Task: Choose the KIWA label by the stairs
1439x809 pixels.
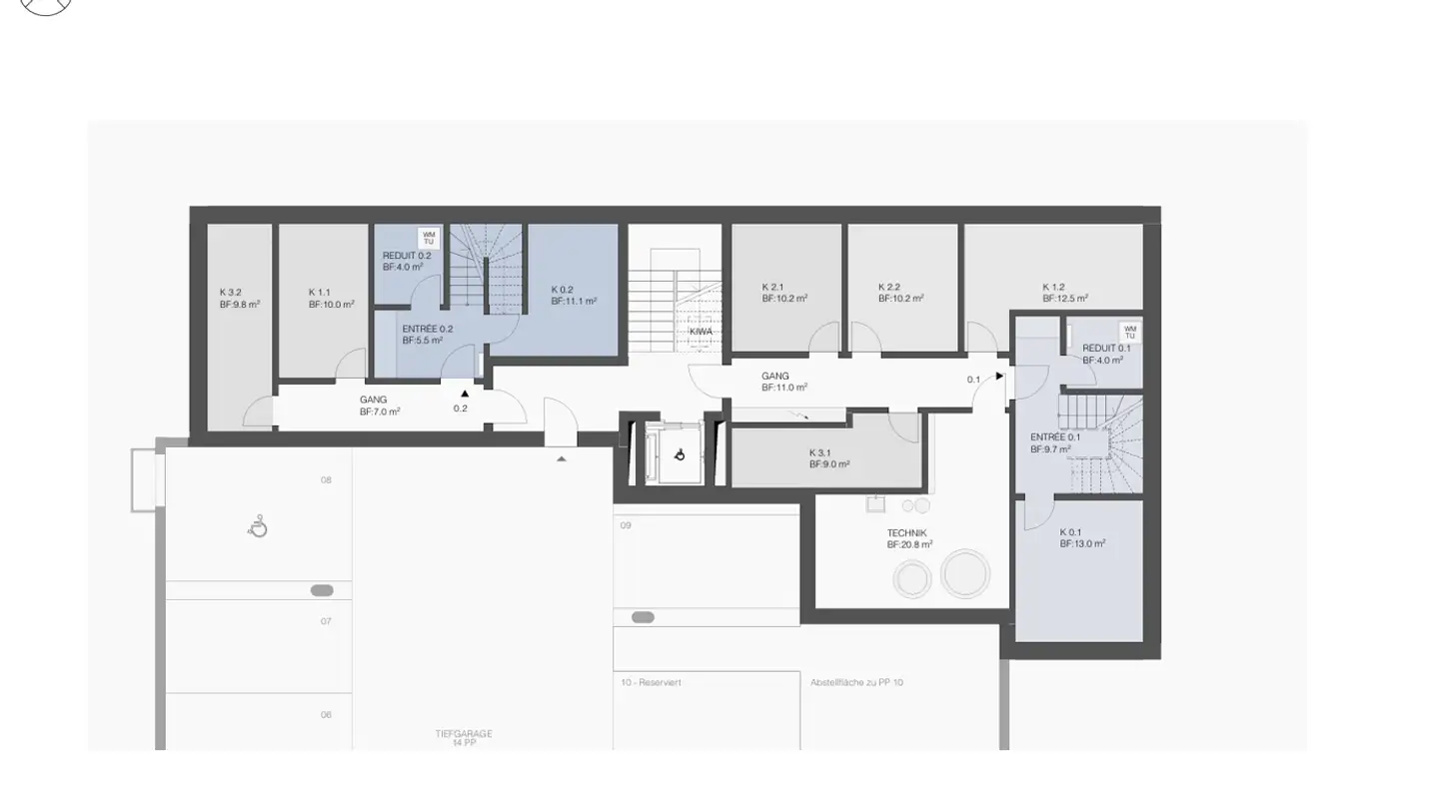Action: (701, 332)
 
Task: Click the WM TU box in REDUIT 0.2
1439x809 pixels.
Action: (429, 238)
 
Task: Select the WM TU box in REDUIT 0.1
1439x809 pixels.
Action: (1130, 332)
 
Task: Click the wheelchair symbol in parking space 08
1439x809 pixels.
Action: (259, 526)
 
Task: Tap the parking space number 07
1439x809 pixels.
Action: (326, 621)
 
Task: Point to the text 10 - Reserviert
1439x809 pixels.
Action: (651, 683)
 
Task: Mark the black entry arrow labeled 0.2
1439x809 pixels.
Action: (465, 394)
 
